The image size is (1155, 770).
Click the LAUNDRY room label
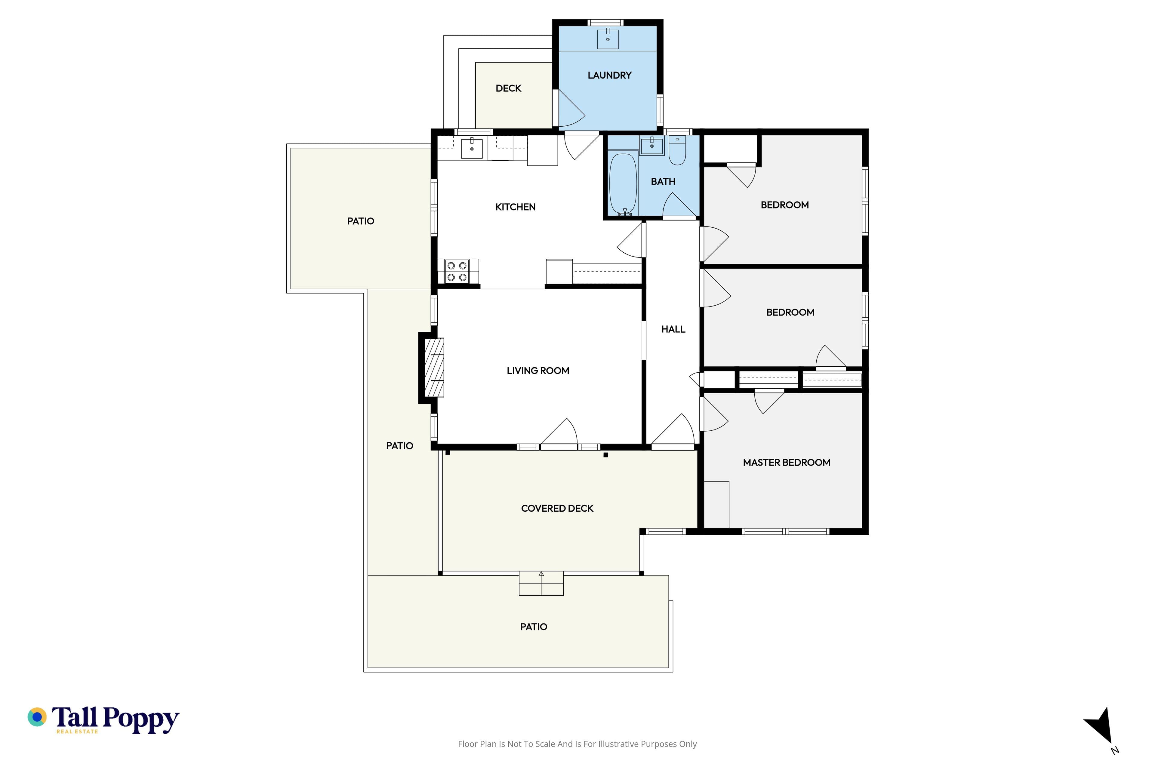[609, 75]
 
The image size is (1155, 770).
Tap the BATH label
[663, 182]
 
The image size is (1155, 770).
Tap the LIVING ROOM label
[538, 371]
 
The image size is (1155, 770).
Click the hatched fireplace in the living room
[434, 367]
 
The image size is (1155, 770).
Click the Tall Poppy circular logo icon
[37, 717]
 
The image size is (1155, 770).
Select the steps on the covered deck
[541, 584]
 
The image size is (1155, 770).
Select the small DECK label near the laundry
[508, 88]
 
